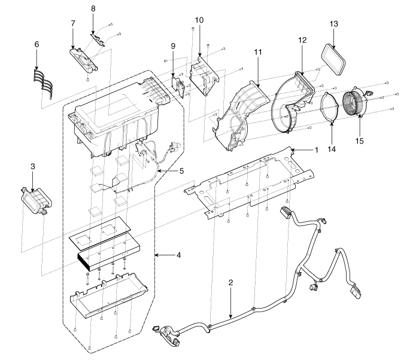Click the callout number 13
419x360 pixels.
(x=334, y=24)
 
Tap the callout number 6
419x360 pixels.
(x=37, y=44)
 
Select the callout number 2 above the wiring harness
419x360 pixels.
(x=231, y=282)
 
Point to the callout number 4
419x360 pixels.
(x=178, y=255)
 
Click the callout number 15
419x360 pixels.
(x=360, y=141)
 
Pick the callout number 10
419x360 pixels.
(x=199, y=20)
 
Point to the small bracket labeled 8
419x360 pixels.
(x=98, y=39)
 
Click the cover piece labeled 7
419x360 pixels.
(x=83, y=59)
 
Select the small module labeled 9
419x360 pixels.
(x=178, y=85)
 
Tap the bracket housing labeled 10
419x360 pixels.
(x=204, y=76)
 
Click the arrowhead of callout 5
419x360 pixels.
(x=158, y=170)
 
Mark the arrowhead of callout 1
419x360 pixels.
(x=293, y=150)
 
